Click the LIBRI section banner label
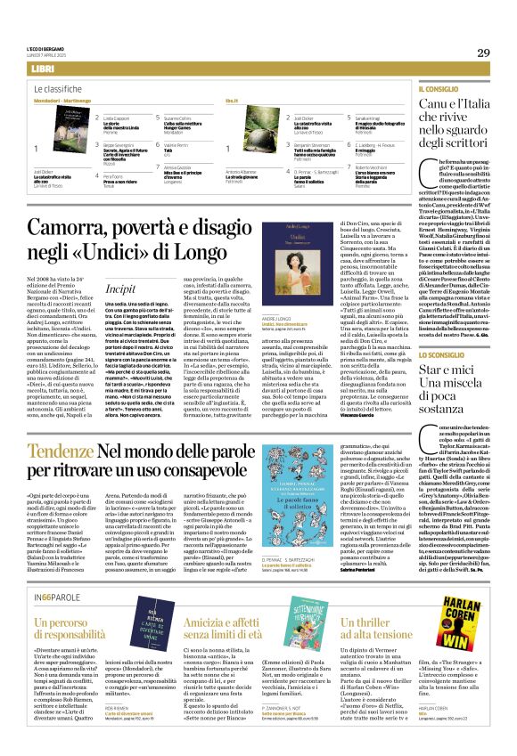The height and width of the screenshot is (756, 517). tap(42, 69)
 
